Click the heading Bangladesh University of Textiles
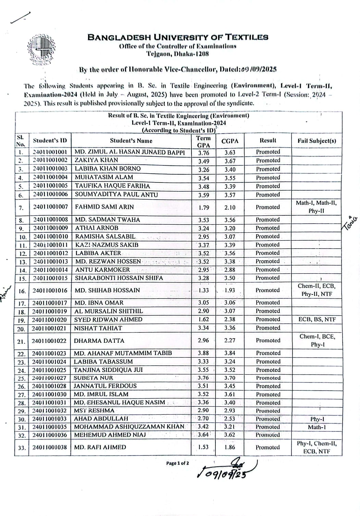coord(178,37)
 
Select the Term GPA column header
coord(203,141)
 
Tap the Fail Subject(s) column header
coord(316,141)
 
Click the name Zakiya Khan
coord(96,160)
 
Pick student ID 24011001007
coord(50,207)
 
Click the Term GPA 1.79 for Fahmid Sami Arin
coord(203,207)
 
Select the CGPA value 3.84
coord(230,353)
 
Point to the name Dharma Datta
coord(95,341)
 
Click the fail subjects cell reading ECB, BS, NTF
coord(317,319)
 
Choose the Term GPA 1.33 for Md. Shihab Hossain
coord(203,290)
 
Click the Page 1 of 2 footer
coord(177,463)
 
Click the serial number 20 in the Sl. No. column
coord(21,329)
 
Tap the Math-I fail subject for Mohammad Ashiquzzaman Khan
coord(317,427)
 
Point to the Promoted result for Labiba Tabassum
coord(268,362)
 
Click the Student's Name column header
coord(131,141)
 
